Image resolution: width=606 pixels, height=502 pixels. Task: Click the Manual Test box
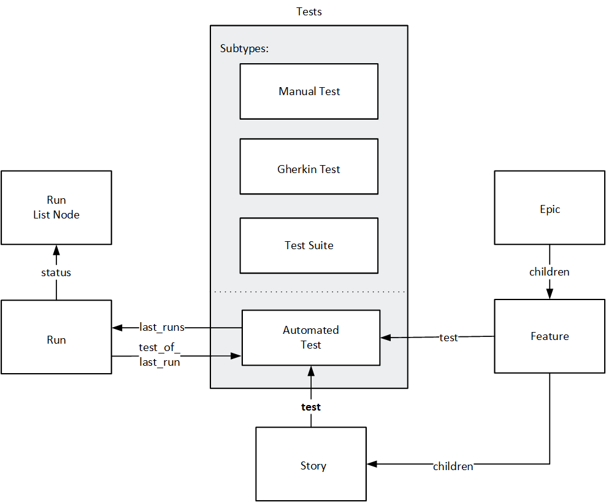(309, 91)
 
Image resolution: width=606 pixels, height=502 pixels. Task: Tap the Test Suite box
(309, 245)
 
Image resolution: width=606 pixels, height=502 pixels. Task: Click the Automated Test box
(310, 338)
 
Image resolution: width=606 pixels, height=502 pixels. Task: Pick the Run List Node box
(56, 207)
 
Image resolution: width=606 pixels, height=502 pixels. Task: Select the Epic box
(550, 209)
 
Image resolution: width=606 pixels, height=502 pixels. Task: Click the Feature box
(550, 336)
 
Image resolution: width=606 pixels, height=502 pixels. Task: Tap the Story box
(311, 465)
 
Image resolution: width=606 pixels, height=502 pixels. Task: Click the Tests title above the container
(309, 12)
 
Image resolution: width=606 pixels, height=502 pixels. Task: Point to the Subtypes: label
(244, 48)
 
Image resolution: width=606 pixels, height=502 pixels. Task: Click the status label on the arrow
(56, 272)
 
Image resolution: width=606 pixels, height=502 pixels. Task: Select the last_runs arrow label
(162, 327)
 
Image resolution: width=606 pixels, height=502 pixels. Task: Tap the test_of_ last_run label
(159, 355)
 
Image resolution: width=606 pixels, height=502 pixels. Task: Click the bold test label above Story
(310, 407)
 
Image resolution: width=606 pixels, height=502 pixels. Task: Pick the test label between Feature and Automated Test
(448, 338)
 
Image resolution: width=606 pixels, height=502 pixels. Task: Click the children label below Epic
(549, 271)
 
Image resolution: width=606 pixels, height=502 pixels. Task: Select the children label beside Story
(453, 466)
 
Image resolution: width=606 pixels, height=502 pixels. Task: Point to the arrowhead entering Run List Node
(56, 250)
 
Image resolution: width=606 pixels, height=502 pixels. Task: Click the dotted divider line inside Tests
(309, 292)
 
